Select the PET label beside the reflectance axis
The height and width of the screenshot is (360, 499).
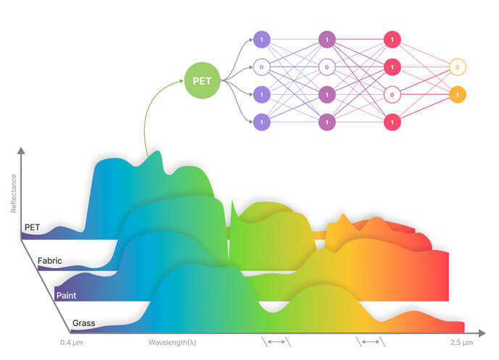(33, 227)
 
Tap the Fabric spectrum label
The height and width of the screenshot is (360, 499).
(49, 259)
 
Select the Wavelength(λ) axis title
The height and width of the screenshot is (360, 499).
(172, 341)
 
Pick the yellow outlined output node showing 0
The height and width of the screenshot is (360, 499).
(457, 67)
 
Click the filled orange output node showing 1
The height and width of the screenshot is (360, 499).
(457, 95)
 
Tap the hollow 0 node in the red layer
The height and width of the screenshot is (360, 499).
(392, 95)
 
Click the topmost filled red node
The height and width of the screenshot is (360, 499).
(392, 39)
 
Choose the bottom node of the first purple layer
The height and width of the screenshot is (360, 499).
(261, 122)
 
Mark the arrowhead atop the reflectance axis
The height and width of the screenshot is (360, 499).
(22, 151)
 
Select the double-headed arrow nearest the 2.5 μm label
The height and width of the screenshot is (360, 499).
(370, 341)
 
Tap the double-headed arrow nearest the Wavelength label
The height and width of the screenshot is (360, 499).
(275, 341)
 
